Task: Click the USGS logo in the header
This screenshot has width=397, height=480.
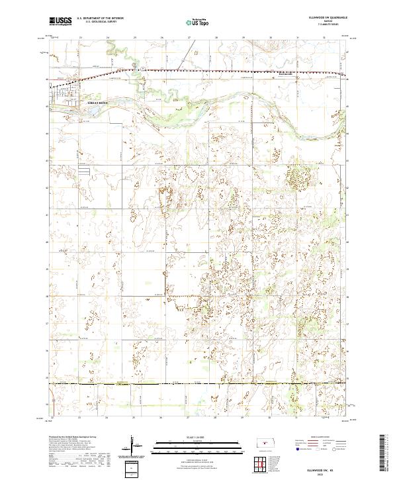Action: pos(60,21)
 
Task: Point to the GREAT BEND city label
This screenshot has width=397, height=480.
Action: pos(97,103)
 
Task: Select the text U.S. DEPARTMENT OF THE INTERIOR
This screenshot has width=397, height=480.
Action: pos(100,19)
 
